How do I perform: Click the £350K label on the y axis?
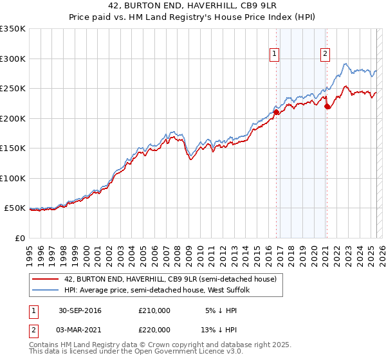click(13, 29)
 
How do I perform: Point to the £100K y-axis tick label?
click(13, 178)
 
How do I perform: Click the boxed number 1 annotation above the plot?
click(275, 54)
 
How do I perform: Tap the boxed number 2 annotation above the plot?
click(326, 54)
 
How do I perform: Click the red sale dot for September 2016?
click(277, 113)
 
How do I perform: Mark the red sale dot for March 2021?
click(327, 107)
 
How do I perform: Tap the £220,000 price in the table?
click(154, 329)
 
